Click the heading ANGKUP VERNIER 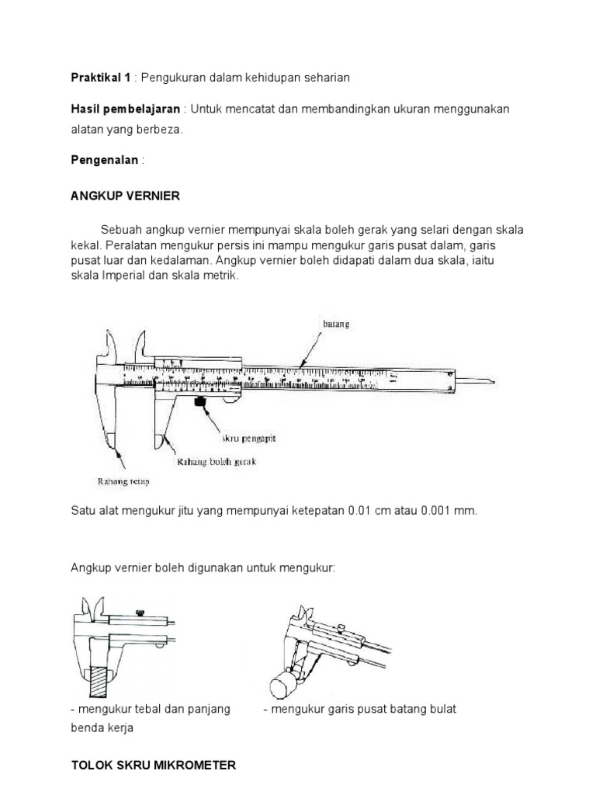[x=125, y=196]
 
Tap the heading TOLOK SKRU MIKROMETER [x=153, y=765]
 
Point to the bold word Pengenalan [x=105, y=160]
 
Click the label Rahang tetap [x=123, y=481]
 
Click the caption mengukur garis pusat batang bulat [x=359, y=709]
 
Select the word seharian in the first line [x=324, y=77]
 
